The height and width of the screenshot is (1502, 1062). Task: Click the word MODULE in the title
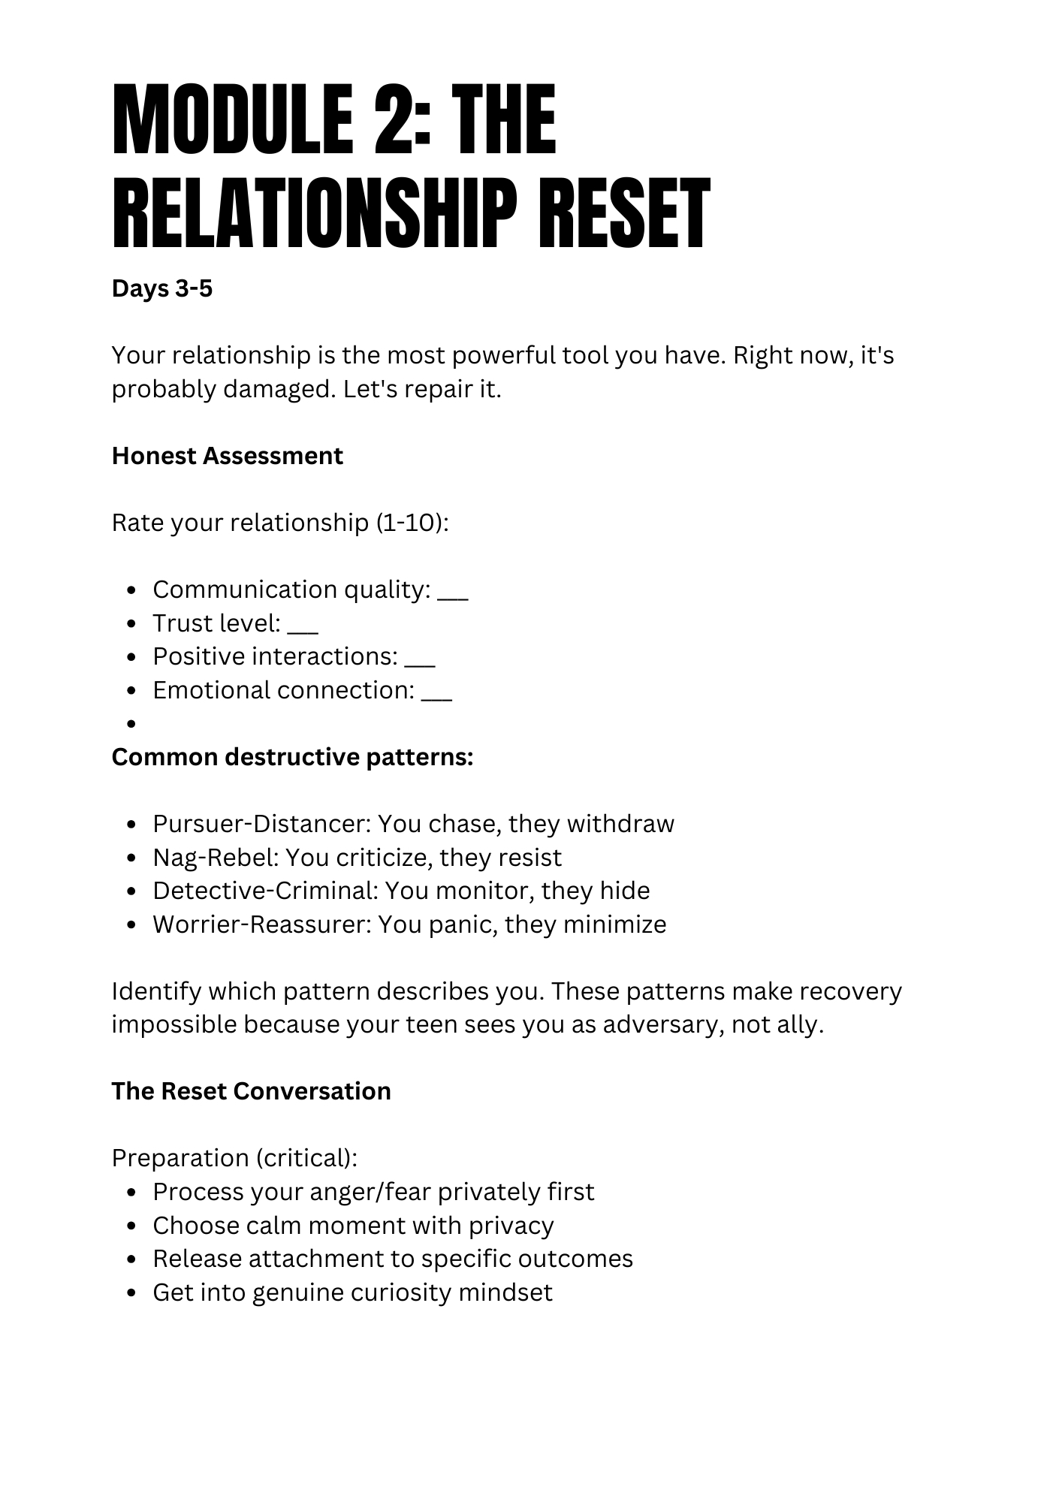click(x=232, y=120)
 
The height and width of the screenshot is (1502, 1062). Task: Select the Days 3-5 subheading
click(x=162, y=288)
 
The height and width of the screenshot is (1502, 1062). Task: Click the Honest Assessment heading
click(x=227, y=456)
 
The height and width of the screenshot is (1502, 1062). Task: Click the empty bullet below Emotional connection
click(x=131, y=724)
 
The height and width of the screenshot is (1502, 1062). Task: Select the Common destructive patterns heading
click(x=292, y=757)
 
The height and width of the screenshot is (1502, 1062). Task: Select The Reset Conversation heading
click(x=251, y=1091)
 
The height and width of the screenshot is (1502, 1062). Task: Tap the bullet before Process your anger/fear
click(x=131, y=1193)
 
